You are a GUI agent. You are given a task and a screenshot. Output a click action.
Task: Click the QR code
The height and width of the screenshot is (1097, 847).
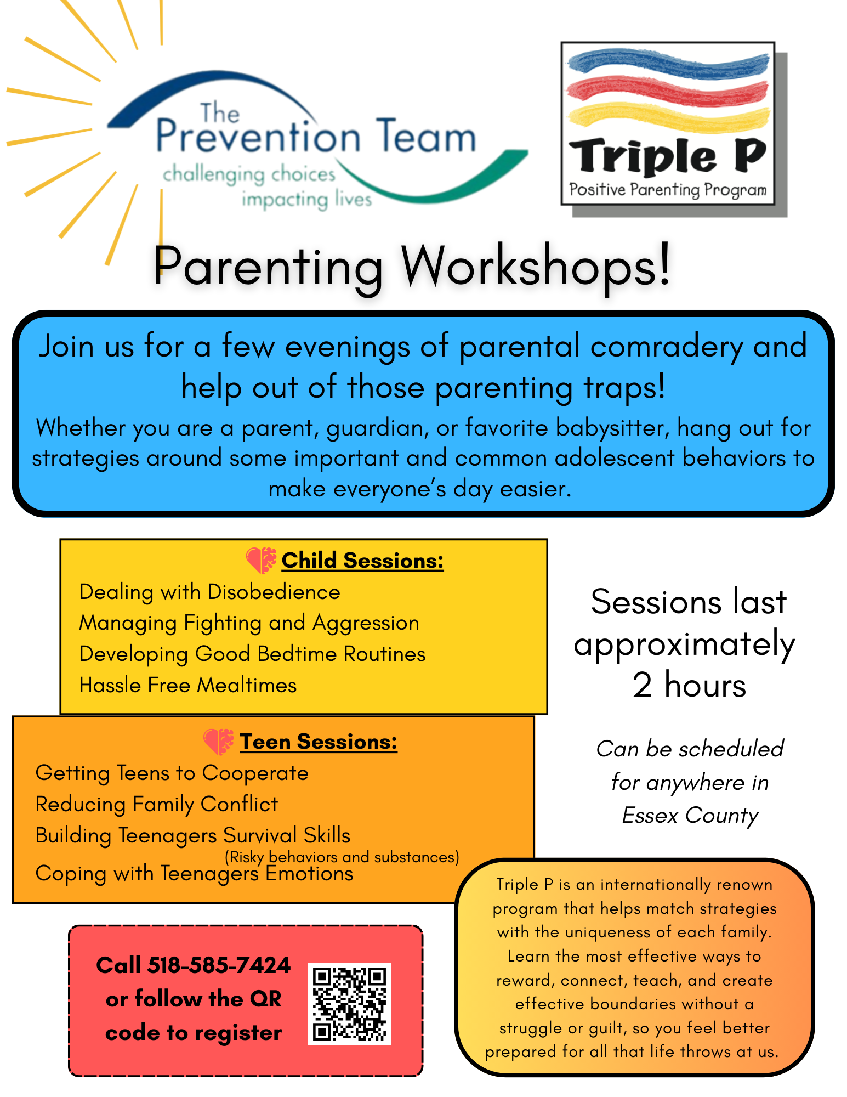click(349, 1003)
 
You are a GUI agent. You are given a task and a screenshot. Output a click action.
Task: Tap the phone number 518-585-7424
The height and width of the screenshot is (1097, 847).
click(219, 965)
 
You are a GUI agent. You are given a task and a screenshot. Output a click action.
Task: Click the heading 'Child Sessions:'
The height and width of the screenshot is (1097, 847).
click(362, 561)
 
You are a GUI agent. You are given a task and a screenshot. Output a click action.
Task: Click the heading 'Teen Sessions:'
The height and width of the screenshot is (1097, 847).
click(319, 742)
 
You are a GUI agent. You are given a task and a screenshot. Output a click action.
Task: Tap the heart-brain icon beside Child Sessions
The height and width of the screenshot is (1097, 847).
click(261, 560)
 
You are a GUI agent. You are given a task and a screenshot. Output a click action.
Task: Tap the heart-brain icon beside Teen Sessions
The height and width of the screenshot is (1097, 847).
click(218, 742)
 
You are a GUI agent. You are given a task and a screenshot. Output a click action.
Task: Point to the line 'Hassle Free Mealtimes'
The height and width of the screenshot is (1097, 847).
click(188, 685)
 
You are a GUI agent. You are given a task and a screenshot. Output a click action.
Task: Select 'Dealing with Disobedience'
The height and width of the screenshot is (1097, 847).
click(209, 592)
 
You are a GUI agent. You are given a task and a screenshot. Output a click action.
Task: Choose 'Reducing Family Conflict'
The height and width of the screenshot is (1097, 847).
click(157, 804)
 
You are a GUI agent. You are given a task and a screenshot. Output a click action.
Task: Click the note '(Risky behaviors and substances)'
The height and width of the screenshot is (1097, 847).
click(342, 857)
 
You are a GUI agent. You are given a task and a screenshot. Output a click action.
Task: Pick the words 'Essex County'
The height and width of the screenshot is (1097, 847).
click(690, 816)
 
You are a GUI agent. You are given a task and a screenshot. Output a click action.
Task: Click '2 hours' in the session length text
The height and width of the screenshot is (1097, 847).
click(689, 685)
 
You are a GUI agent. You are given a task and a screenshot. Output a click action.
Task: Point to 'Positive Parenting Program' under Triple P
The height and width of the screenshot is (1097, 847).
click(667, 190)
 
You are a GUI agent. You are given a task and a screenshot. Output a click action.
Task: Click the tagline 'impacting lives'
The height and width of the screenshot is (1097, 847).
click(306, 200)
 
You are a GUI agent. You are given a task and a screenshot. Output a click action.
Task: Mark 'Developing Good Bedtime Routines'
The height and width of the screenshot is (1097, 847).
click(252, 654)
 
